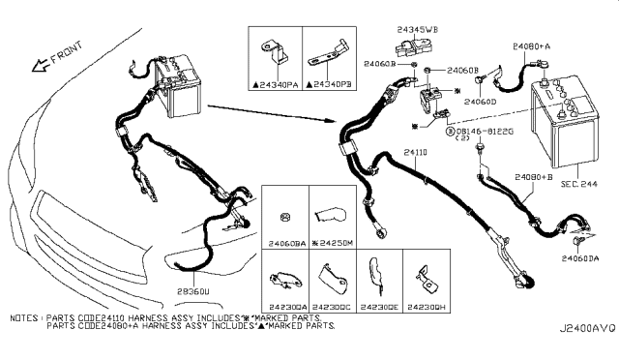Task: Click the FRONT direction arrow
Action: tap(41, 64)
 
